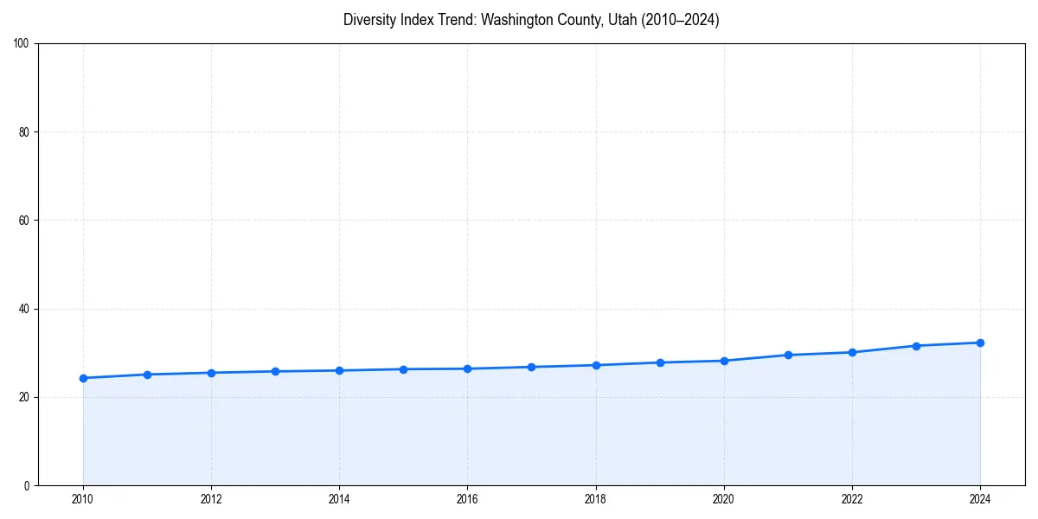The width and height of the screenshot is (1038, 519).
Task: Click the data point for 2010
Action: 83,378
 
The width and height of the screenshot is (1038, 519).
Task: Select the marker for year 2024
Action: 980,343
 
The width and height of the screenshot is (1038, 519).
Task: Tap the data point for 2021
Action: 788,355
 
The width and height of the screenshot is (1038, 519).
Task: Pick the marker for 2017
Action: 531,367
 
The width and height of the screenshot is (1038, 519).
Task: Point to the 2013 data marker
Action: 275,371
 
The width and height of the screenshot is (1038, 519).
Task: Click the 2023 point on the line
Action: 916,346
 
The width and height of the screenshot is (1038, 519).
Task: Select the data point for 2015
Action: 403,369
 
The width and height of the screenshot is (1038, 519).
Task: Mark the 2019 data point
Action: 660,362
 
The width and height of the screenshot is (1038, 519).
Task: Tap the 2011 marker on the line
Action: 147,375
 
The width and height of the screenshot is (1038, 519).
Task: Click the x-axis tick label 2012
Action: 211,499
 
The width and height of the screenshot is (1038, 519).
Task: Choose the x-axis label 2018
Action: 595,499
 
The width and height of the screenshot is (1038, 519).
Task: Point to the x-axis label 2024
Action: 980,499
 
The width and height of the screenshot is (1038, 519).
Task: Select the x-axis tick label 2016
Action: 467,499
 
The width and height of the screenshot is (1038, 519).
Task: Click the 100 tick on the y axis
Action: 22,44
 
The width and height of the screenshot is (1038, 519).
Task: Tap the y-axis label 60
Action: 24,221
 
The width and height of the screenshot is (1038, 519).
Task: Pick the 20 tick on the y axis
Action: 24,397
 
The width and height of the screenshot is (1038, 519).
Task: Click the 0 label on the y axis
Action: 27,485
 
